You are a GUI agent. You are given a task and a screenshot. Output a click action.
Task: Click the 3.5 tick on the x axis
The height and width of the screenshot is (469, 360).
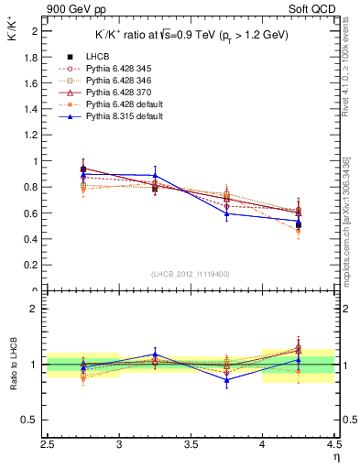[x=191, y=442]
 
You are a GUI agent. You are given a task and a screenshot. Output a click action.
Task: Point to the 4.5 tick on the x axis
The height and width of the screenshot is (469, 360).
[x=333, y=442]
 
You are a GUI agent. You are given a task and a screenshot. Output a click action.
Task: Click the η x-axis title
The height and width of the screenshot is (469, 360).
[x=336, y=454]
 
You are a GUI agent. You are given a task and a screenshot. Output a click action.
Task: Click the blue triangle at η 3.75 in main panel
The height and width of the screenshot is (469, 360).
[x=226, y=213]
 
